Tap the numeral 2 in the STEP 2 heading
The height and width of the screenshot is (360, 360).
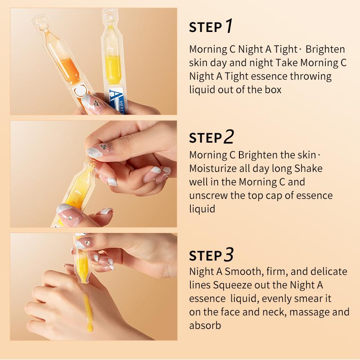229,137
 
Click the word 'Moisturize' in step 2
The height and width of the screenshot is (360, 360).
211,169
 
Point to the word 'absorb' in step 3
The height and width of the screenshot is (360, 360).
205,325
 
